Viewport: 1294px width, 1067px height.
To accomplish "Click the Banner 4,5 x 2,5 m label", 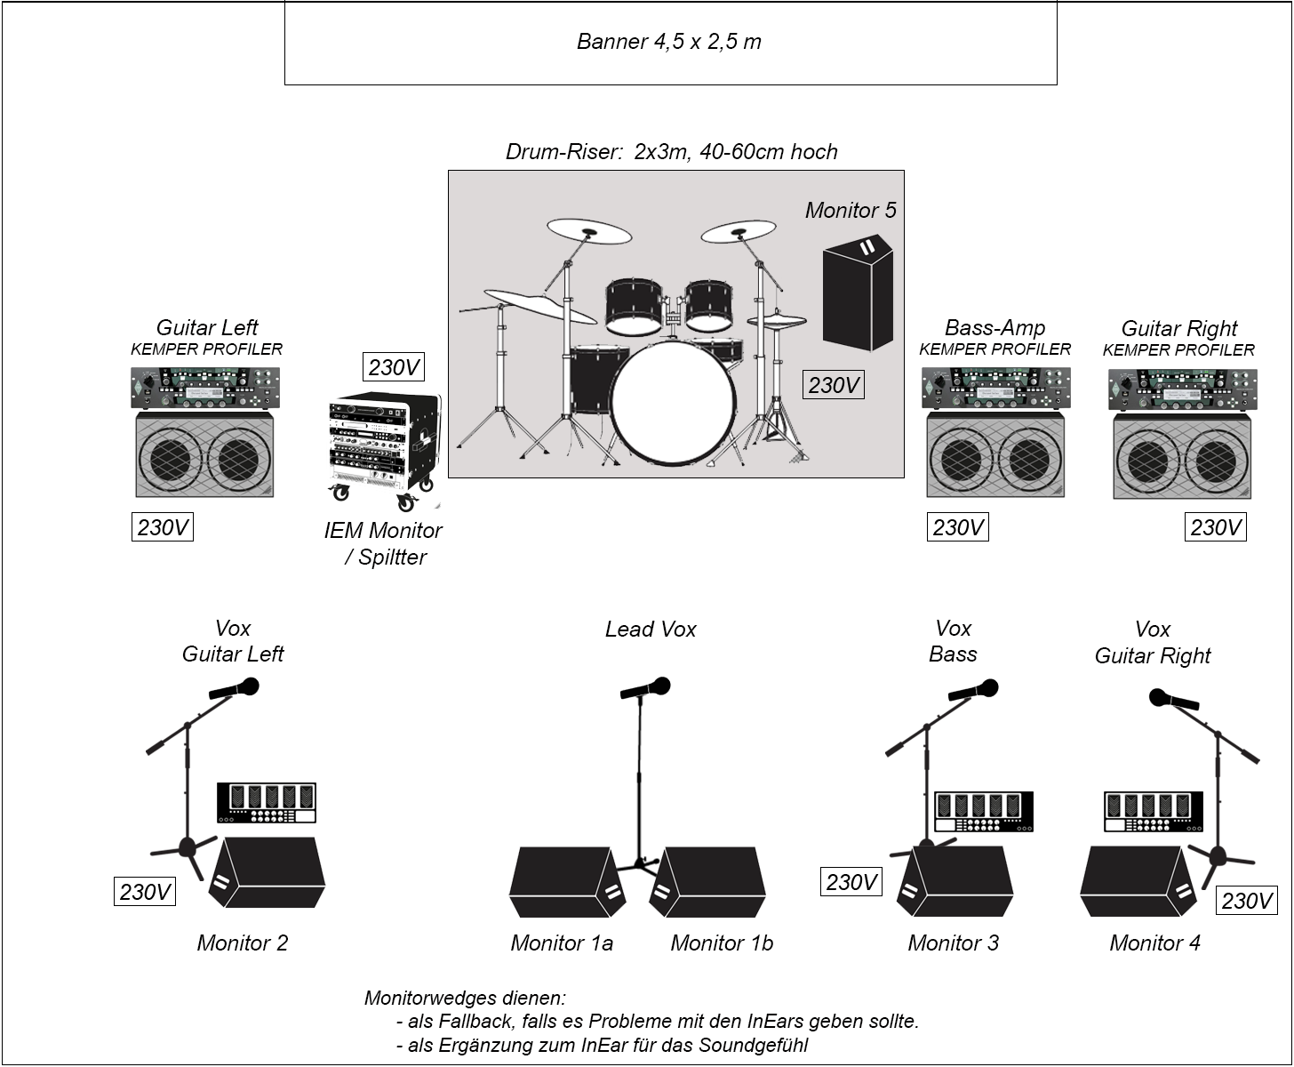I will click(x=668, y=42).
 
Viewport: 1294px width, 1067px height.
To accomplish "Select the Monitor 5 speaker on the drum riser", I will click(x=857, y=293).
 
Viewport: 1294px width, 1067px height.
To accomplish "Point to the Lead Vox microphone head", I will click(x=659, y=686).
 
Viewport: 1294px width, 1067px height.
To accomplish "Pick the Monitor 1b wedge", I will click(x=708, y=883).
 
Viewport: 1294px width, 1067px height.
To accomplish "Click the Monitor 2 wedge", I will click(x=269, y=872).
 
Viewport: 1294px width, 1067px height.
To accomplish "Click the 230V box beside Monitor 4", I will click(x=1246, y=901).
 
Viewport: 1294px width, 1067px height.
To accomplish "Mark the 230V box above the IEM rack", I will click(x=393, y=367).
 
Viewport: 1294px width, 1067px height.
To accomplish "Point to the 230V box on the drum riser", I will click(x=834, y=385).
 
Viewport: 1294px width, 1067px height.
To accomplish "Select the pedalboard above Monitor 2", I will click(x=267, y=803).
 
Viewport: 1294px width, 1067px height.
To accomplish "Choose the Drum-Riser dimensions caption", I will click(x=671, y=152).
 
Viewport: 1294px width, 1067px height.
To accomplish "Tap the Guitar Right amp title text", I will click(x=1178, y=328).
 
